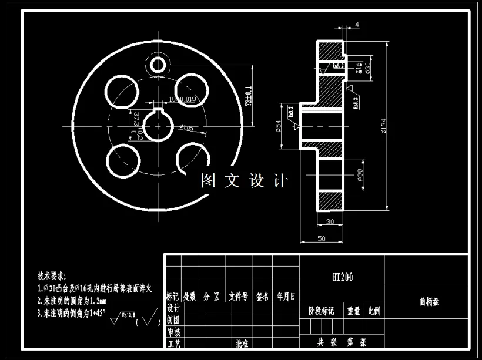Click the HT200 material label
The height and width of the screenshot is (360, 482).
(x=342, y=277)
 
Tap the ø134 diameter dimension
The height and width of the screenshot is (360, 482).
(x=384, y=127)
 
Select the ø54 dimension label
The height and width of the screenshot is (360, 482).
(x=278, y=126)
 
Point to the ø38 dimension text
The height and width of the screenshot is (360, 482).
(x=360, y=175)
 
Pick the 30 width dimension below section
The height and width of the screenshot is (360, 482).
(x=330, y=221)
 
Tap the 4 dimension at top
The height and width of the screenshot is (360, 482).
(x=357, y=25)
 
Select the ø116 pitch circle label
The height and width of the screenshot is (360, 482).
(x=186, y=127)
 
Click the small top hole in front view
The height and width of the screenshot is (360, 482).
(x=159, y=63)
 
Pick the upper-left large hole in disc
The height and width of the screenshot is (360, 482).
(x=120, y=93)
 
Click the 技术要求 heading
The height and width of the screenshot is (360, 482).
(x=52, y=275)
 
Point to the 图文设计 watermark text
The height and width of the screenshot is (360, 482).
(x=244, y=180)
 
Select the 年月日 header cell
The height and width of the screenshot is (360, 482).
(x=286, y=297)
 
